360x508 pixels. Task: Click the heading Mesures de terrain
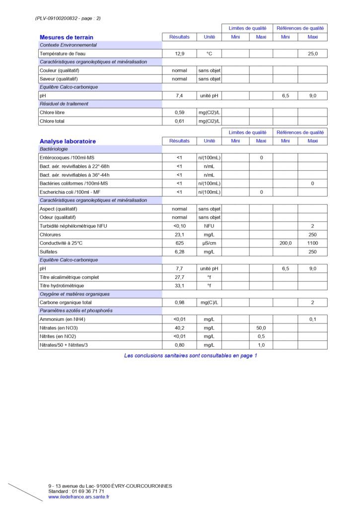tap(66, 37)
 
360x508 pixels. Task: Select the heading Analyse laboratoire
tap(68, 141)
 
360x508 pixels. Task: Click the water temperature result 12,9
tap(179, 54)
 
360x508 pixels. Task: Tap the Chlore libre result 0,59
tap(179, 113)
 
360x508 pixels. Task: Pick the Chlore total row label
tap(52, 121)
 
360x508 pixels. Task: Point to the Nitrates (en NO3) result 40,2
tap(179, 328)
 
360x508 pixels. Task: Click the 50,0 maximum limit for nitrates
tap(261, 328)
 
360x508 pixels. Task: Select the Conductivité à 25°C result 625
tap(179, 243)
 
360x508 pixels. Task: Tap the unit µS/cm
tap(209, 243)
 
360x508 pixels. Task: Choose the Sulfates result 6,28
tap(179, 252)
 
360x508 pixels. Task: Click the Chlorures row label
tap(51, 235)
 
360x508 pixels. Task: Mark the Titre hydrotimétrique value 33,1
tap(179, 286)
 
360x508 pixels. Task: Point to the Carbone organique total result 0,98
tap(179, 303)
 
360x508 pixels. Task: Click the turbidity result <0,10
tap(179, 226)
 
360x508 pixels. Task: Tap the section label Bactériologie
tap(54, 149)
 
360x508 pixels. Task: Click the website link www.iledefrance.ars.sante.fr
tap(78, 497)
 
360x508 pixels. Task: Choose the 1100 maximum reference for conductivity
tap(312, 243)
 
